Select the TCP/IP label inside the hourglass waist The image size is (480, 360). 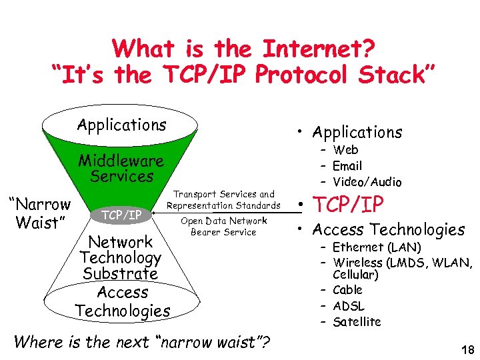121,215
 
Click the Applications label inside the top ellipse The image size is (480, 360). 121,125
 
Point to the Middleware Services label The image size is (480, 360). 121,169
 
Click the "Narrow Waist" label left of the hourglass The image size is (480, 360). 39,213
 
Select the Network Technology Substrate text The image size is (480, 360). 121,257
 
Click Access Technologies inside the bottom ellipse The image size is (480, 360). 123,301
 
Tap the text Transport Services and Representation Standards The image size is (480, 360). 224,200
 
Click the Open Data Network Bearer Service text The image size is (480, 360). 224,227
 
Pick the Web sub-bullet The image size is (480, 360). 346,150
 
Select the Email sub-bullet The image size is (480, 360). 347,166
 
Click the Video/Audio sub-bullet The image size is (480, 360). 367,182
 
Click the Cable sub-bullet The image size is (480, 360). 347,290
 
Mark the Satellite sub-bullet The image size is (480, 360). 357,322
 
